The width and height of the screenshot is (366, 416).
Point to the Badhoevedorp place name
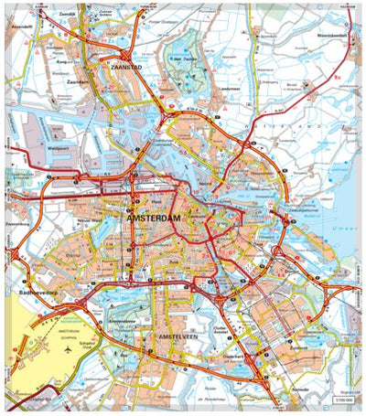38,293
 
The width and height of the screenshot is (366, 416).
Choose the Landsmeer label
230,89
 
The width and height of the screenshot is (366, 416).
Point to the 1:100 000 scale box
344,402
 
